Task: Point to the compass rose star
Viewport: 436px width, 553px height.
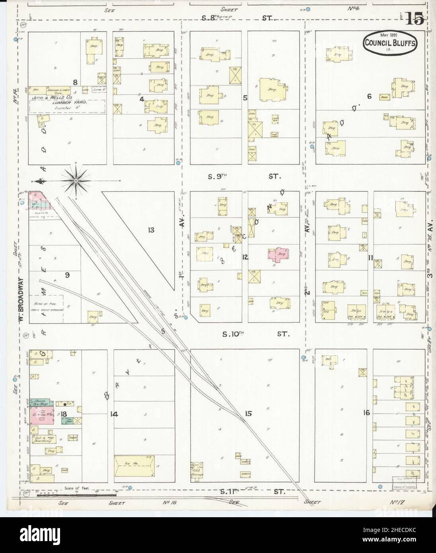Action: pyautogui.click(x=76, y=181)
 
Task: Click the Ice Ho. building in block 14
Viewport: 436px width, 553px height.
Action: pyautogui.click(x=134, y=466)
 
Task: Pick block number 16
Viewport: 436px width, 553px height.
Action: pyautogui.click(x=366, y=413)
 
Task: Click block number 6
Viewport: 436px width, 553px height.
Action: pyautogui.click(x=369, y=95)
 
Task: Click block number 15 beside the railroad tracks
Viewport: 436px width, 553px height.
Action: pyautogui.click(x=248, y=414)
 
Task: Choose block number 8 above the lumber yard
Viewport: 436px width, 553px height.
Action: pyautogui.click(x=74, y=83)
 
